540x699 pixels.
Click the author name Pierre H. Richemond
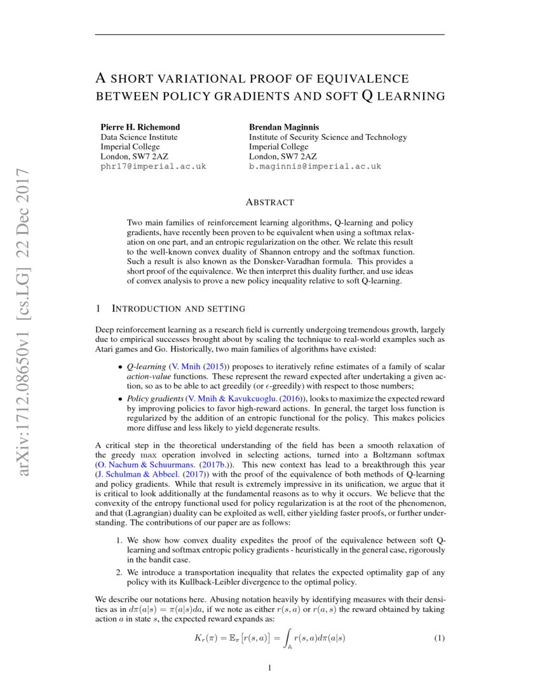click(140, 127)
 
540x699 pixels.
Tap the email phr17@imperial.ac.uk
click(153, 166)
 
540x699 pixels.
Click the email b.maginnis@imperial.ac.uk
click(314, 166)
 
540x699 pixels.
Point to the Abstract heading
click(269, 203)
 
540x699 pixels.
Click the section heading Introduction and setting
click(178, 309)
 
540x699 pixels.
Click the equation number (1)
click(438, 637)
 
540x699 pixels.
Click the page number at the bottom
click(270, 668)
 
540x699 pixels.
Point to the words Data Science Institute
click(139, 137)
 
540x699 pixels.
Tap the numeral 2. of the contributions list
click(119, 573)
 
